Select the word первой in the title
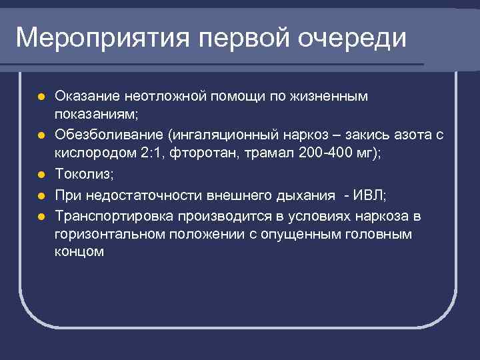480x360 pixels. click(x=244, y=37)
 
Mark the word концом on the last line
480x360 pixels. click(x=79, y=252)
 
